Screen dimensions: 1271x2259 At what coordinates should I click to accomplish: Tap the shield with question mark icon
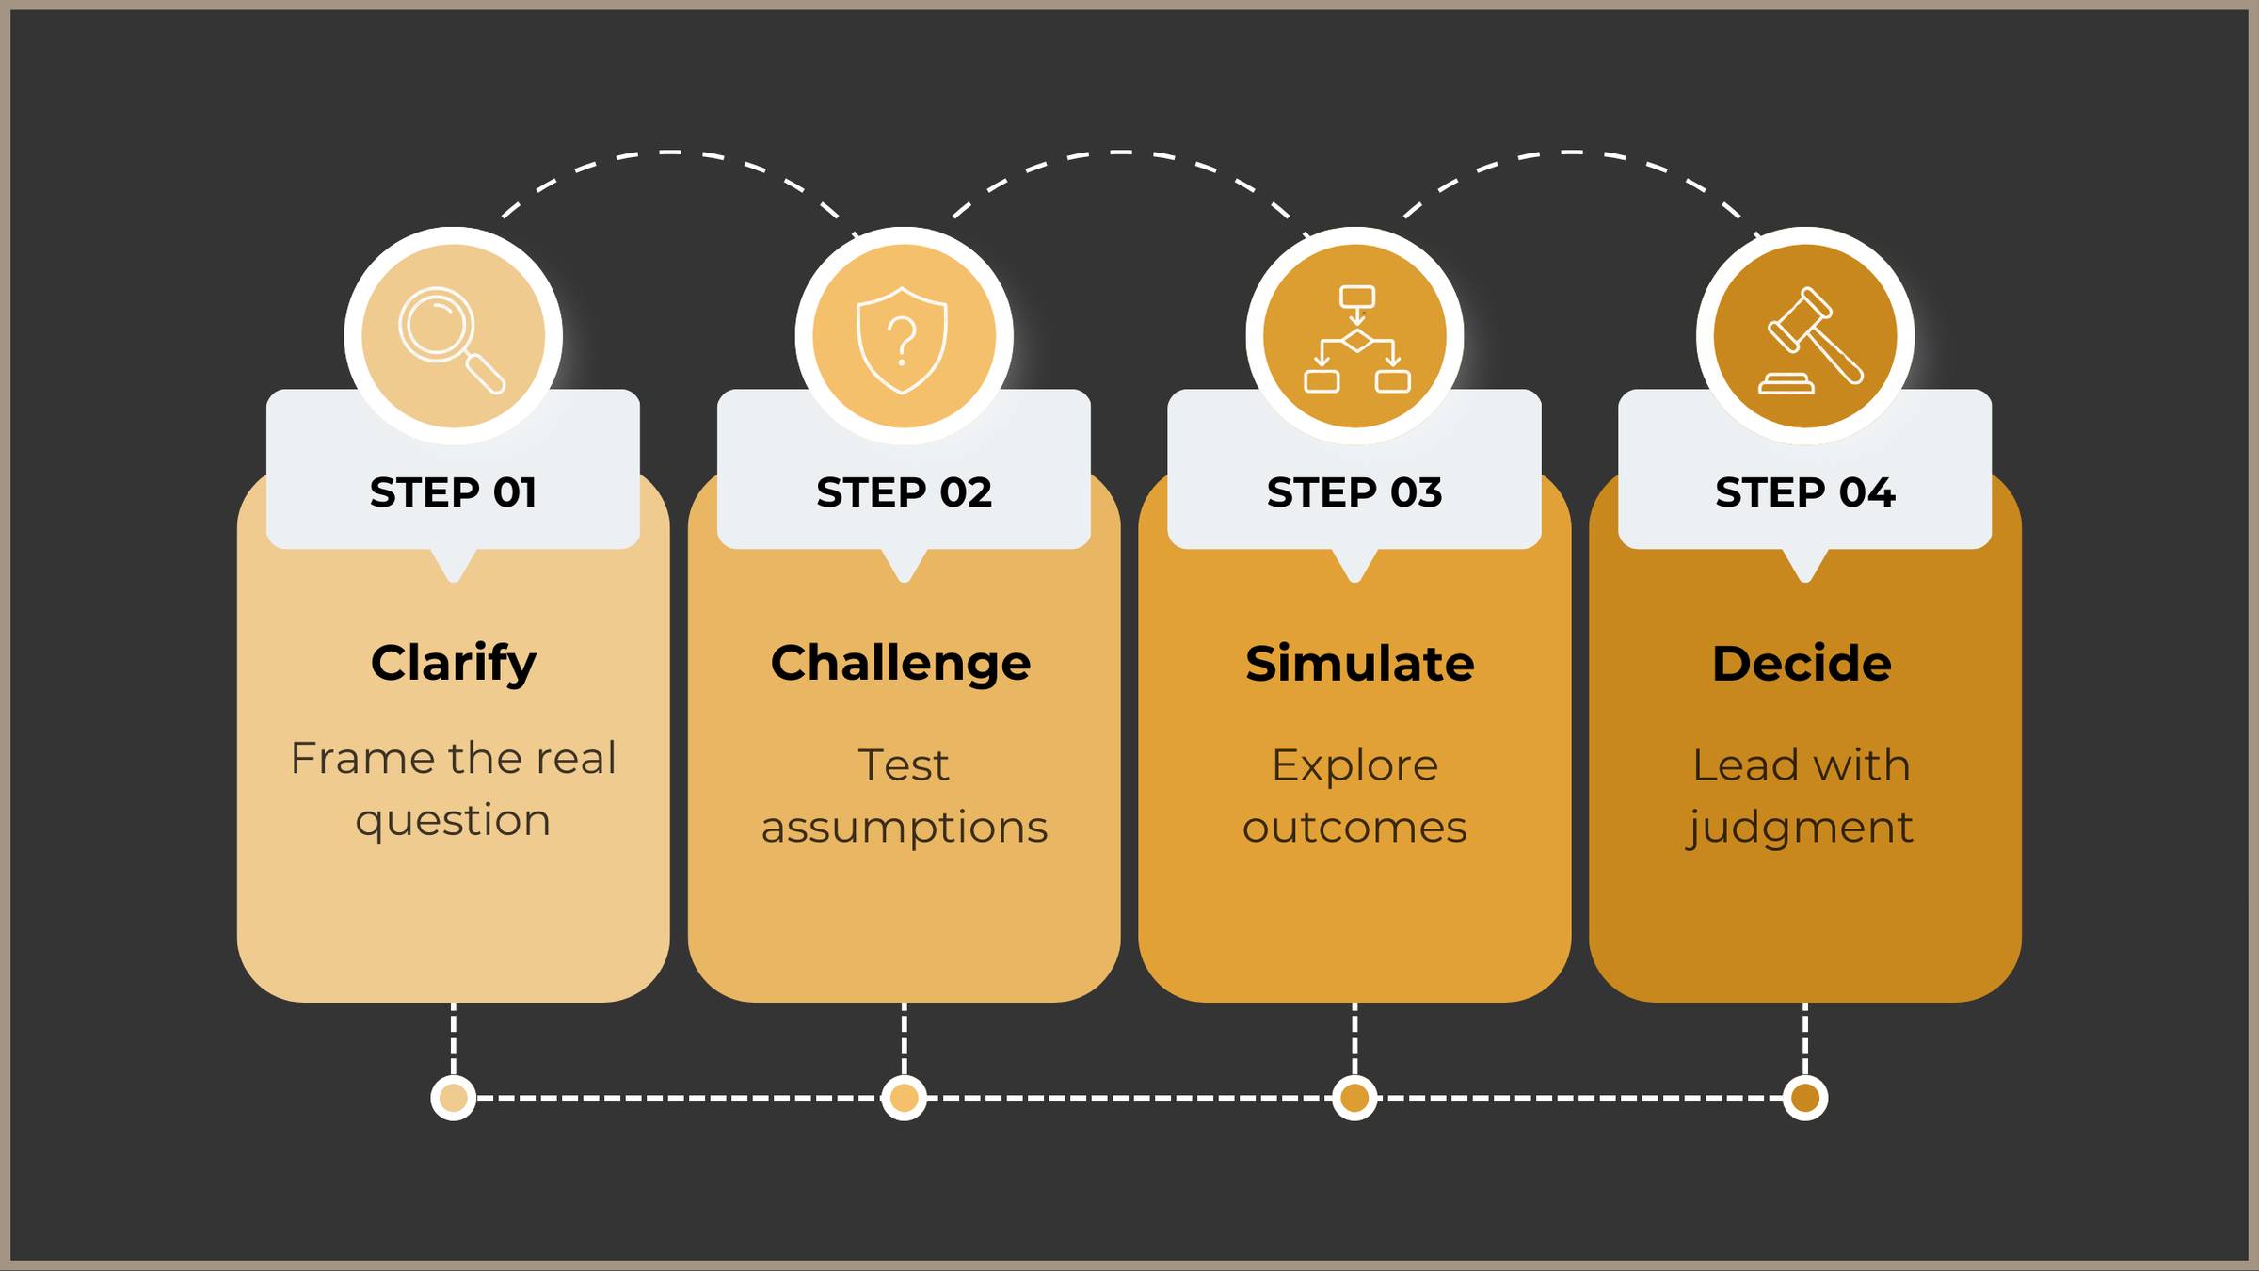point(903,340)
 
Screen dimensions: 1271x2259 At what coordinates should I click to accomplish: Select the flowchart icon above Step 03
point(1355,338)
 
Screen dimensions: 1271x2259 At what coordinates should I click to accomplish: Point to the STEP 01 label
point(453,492)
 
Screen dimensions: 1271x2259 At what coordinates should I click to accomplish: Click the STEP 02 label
point(904,492)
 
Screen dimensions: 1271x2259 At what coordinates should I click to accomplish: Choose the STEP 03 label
point(1354,492)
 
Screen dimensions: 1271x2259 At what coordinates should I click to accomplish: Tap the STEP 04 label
point(1804,492)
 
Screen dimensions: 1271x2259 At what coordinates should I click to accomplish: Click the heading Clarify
point(453,663)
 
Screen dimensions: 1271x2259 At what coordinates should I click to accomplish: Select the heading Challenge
point(901,663)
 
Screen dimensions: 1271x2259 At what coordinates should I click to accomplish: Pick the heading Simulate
point(1359,663)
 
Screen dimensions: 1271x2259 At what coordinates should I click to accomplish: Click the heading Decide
point(1802,663)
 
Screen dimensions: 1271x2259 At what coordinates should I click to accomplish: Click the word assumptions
point(904,828)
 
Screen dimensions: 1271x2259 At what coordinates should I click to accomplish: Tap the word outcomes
point(1354,828)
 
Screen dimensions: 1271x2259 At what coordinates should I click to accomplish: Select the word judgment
point(1800,828)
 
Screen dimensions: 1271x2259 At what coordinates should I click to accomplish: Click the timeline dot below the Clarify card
point(454,1098)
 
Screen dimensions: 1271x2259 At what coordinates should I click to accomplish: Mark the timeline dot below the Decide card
point(1805,1098)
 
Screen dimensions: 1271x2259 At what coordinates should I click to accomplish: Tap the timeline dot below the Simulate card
point(1354,1098)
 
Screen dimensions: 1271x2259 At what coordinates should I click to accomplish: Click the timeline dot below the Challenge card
point(904,1098)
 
